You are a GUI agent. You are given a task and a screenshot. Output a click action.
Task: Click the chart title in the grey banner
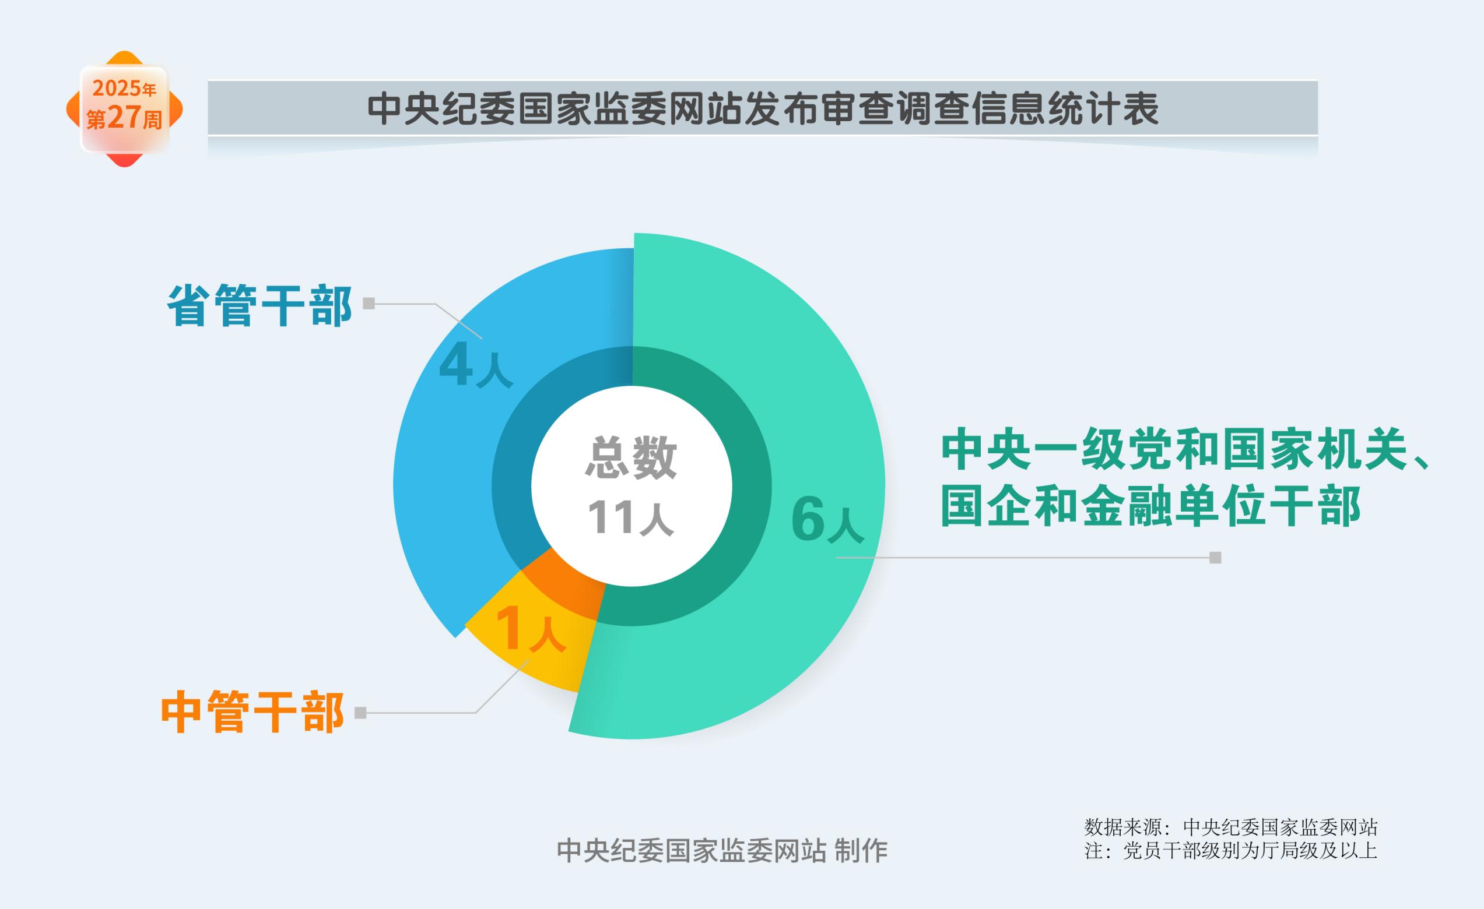point(763,109)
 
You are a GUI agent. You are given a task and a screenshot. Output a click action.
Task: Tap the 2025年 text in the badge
point(124,89)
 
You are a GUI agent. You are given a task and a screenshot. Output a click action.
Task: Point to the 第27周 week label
point(124,117)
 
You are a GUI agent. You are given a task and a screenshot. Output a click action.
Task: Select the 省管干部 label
point(259,306)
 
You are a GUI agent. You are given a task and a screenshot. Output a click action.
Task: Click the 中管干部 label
point(252,713)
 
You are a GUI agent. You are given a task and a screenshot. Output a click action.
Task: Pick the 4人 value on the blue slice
point(476,365)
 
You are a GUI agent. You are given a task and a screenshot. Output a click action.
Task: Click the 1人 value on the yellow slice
point(530,629)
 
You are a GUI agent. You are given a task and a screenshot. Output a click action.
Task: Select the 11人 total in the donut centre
point(630,517)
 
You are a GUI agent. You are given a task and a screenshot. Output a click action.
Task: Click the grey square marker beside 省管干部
point(369,304)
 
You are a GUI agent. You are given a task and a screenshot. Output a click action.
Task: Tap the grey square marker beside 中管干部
point(360,713)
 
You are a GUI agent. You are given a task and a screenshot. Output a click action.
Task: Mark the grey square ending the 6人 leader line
point(1215,558)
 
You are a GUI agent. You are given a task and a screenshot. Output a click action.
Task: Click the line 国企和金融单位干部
point(1151,506)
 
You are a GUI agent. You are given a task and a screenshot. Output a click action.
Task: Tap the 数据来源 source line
point(1230,827)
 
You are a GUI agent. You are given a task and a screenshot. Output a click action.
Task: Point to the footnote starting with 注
point(1230,851)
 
